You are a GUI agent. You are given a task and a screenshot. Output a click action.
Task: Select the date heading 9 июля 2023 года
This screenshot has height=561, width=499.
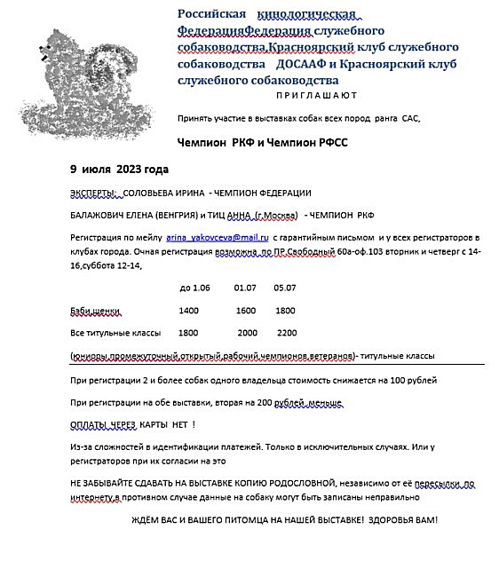pos(118,169)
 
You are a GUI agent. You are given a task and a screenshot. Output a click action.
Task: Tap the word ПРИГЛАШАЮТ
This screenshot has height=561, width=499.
pos(316,94)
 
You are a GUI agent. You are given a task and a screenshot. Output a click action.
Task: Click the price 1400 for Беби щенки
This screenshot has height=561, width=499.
pos(188,311)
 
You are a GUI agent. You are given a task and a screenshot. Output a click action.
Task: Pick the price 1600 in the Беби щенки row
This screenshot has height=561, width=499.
pos(246,311)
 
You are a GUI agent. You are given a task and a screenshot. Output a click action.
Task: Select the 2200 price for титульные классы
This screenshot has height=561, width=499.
pos(287,333)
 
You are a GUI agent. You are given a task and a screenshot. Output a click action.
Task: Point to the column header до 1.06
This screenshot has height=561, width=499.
pos(194,288)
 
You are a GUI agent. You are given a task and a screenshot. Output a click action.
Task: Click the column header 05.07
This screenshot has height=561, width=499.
pos(285,288)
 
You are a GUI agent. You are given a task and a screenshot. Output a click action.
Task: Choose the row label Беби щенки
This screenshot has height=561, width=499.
pos(94,311)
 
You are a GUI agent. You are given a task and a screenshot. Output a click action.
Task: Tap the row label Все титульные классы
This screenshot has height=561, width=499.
pos(115,333)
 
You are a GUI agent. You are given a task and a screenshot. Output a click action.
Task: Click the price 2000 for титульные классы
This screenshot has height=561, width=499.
pos(247,333)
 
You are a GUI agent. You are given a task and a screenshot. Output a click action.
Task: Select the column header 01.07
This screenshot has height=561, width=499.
pos(245,288)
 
